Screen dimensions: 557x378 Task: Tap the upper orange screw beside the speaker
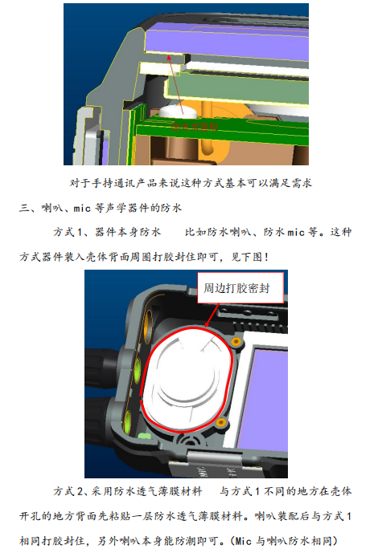pos(235,342)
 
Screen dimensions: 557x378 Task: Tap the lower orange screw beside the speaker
pos(223,422)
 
